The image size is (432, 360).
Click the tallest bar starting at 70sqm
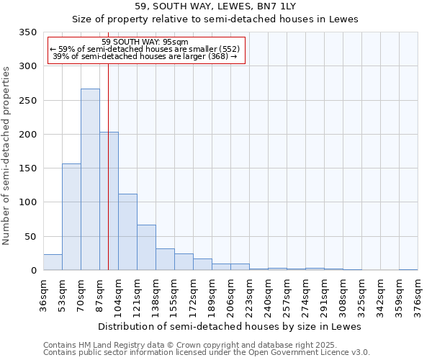90,180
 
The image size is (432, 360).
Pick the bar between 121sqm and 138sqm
146,248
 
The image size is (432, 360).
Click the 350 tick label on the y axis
27,32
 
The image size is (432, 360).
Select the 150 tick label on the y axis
27,168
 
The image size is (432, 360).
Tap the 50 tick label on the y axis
30,236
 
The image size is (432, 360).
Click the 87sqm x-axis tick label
99,296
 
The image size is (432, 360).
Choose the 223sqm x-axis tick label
249,296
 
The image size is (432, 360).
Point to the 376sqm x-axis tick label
418,296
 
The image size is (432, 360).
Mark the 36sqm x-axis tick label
43,296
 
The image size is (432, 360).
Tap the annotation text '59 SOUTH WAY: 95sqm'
145,42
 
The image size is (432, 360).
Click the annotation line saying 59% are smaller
145,49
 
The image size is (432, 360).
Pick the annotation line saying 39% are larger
145,56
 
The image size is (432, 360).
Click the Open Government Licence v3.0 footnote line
207,352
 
